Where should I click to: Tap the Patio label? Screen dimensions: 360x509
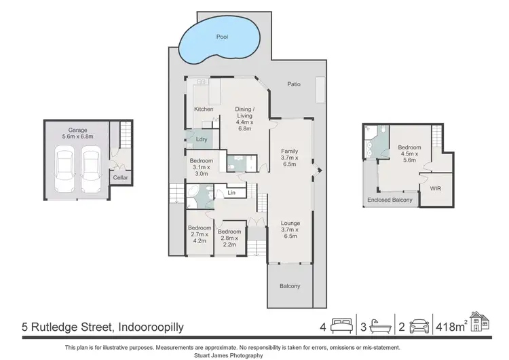(x=293, y=84)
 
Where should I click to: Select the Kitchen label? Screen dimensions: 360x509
(x=204, y=109)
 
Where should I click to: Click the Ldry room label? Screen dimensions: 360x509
(x=201, y=140)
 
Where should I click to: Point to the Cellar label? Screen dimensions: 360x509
(x=120, y=178)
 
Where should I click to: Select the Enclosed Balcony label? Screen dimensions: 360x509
(x=390, y=200)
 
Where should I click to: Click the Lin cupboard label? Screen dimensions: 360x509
(x=231, y=193)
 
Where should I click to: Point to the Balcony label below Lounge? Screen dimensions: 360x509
(x=290, y=286)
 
